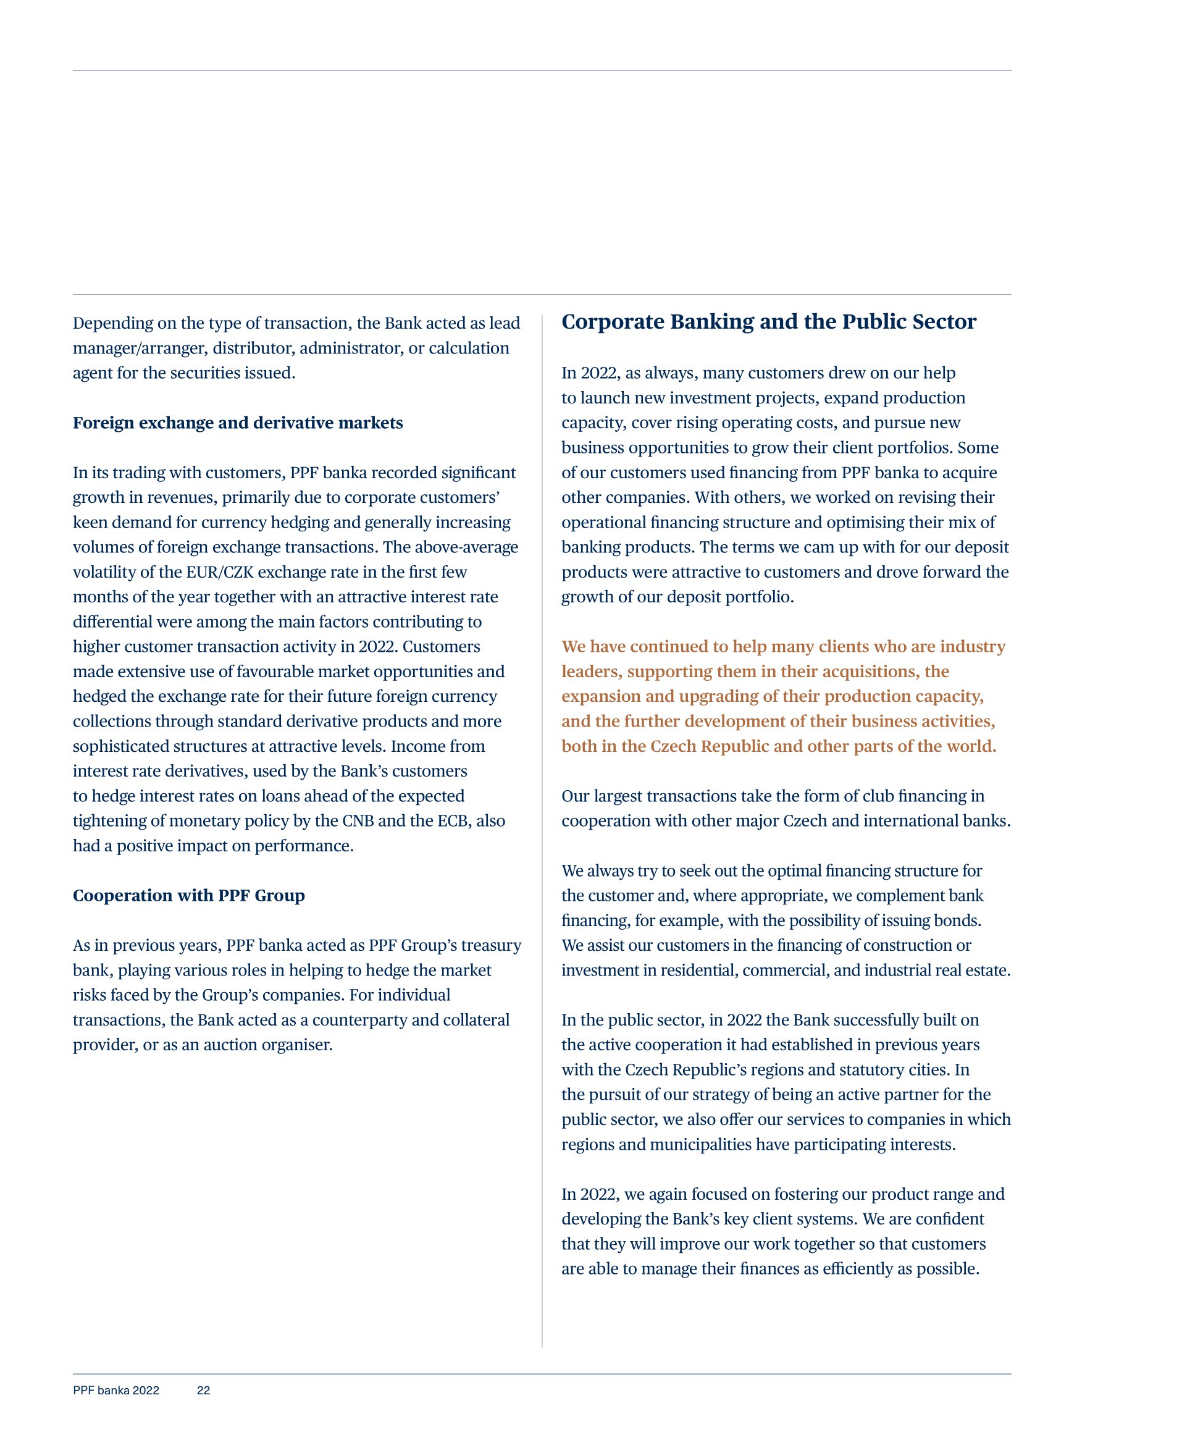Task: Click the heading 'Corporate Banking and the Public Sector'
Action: pyautogui.click(x=768, y=321)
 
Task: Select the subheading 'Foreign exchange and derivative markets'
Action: pyautogui.click(x=238, y=423)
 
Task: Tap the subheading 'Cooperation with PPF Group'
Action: pyautogui.click(x=188, y=895)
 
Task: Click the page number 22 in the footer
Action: pyautogui.click(x=203, y=1391)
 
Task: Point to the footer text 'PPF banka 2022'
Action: pyautogui.click(x=115, y=1391)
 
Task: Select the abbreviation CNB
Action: pyautogui.click(x=358, y=820)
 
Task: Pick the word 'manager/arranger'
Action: pyautogui.click(x=138, y=348)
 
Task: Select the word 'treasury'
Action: pyautogui.click(x=491, y=945)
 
